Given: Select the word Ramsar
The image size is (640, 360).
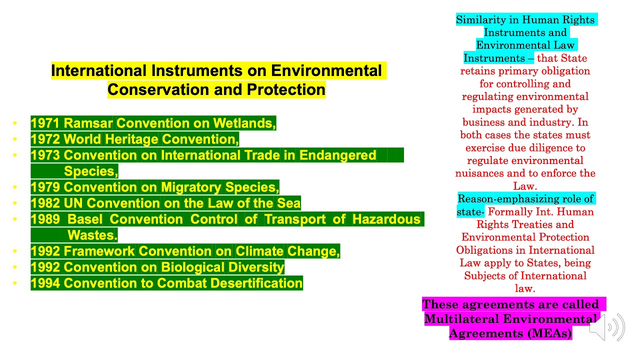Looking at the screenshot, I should point(88,123).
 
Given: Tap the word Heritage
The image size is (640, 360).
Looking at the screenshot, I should point(131,139).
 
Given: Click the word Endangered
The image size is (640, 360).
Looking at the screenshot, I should point(337,155).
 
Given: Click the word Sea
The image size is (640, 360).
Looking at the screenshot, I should point(288,203).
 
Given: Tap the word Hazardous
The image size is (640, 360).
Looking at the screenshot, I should point(386,219).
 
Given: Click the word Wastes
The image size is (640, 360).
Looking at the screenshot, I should point(92,235).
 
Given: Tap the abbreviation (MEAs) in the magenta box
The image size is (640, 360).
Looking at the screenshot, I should point(548,333).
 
